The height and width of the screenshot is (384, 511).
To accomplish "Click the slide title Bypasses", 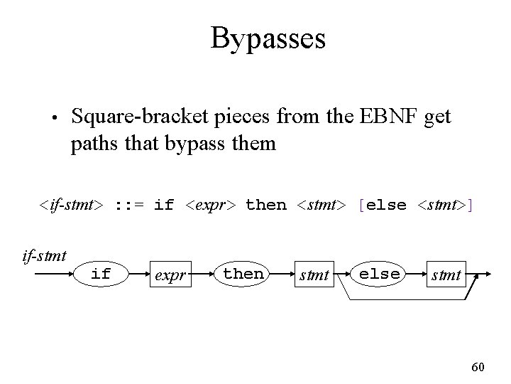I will coord(268,38).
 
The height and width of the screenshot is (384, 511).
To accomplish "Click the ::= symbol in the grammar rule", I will coord(128,206).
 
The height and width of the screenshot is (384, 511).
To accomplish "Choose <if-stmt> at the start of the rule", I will coord(72,206).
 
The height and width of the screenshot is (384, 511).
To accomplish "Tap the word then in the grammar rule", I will coord(265,206).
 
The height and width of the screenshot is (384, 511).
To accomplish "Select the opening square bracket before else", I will coord(362,206).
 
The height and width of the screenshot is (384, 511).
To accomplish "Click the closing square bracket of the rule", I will coord(471,206).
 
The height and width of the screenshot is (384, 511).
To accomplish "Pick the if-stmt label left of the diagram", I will coord(44,254).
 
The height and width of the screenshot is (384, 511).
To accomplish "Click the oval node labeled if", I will coord(101,274).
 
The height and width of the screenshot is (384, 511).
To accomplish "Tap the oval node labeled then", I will coord(243,274).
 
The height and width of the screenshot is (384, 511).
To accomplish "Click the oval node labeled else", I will coord(379,274).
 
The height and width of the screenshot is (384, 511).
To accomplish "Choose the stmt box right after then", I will coord(315,274).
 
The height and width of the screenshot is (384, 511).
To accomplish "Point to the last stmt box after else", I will coord(446,274).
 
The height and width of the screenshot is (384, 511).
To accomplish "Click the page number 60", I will coord(478,367).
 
